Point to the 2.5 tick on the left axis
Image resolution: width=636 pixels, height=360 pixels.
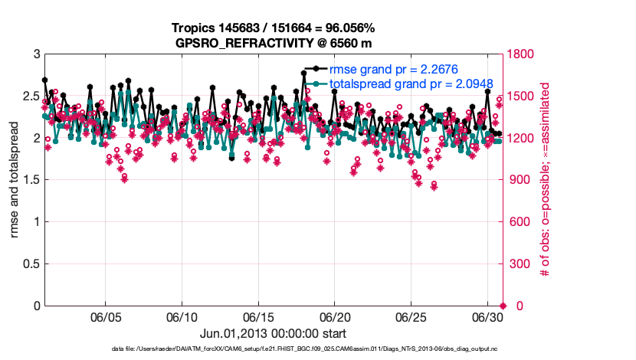[30, 97]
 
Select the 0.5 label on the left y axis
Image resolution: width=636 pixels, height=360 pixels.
[30, 264]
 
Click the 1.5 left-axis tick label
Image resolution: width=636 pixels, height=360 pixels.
[30, 180]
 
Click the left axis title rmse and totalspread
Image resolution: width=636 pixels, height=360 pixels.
[15, 180]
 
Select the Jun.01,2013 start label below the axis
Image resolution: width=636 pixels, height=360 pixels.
[274, 333]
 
